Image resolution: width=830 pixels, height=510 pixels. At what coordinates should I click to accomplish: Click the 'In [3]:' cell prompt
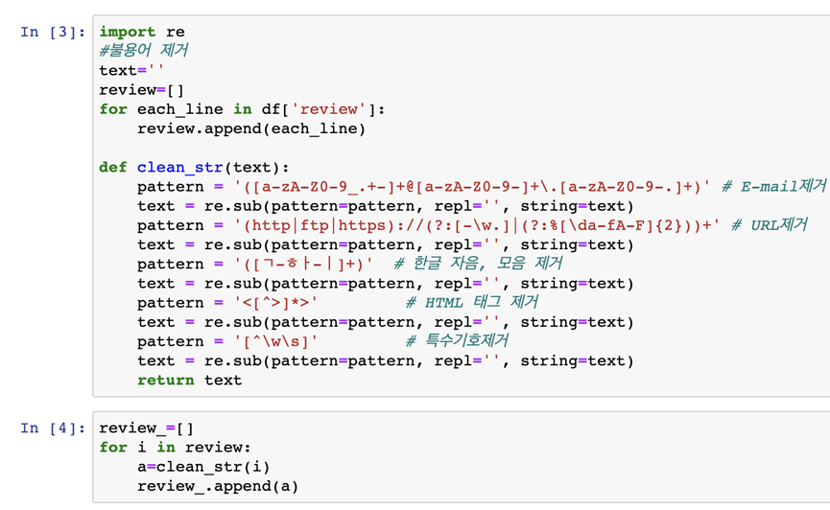coord(53,33)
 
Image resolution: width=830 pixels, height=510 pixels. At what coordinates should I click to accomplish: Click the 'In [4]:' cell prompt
coord(53,428)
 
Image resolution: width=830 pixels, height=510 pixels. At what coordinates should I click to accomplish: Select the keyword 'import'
coord(128,32)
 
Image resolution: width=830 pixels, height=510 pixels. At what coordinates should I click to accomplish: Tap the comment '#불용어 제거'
coord(143,51)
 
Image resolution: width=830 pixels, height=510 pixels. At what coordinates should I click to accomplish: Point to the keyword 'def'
coord(113,167)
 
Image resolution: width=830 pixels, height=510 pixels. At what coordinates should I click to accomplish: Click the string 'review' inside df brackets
coord(329,109)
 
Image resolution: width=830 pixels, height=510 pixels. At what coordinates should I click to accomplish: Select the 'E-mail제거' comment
coord(774,186)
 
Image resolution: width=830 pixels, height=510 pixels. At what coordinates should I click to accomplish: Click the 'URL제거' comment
coord(770,225)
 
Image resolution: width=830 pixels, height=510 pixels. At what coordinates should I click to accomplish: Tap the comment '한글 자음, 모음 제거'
coord(478,264)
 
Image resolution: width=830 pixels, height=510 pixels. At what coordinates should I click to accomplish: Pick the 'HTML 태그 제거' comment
coord(472,302)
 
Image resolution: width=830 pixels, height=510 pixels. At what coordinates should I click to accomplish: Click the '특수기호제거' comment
coord(457,340)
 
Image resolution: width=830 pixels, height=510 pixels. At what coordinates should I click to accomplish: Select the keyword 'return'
coord(166,381)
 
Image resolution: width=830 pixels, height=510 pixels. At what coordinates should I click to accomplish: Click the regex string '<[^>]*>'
coord(275,303)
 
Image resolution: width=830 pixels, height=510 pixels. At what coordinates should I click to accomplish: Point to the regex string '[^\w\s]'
coord(275,341)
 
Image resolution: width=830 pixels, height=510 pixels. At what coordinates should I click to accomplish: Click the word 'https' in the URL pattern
coord(362,225)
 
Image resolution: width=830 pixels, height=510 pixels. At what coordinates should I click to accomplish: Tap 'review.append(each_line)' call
coord(251,129)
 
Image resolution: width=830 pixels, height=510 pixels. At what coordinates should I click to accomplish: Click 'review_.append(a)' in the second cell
coord(218,486)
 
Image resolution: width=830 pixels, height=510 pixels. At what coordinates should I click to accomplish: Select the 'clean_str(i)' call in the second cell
coord(213,467)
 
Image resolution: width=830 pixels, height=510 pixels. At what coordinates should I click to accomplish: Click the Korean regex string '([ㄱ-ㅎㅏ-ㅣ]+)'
coord(304,264)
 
